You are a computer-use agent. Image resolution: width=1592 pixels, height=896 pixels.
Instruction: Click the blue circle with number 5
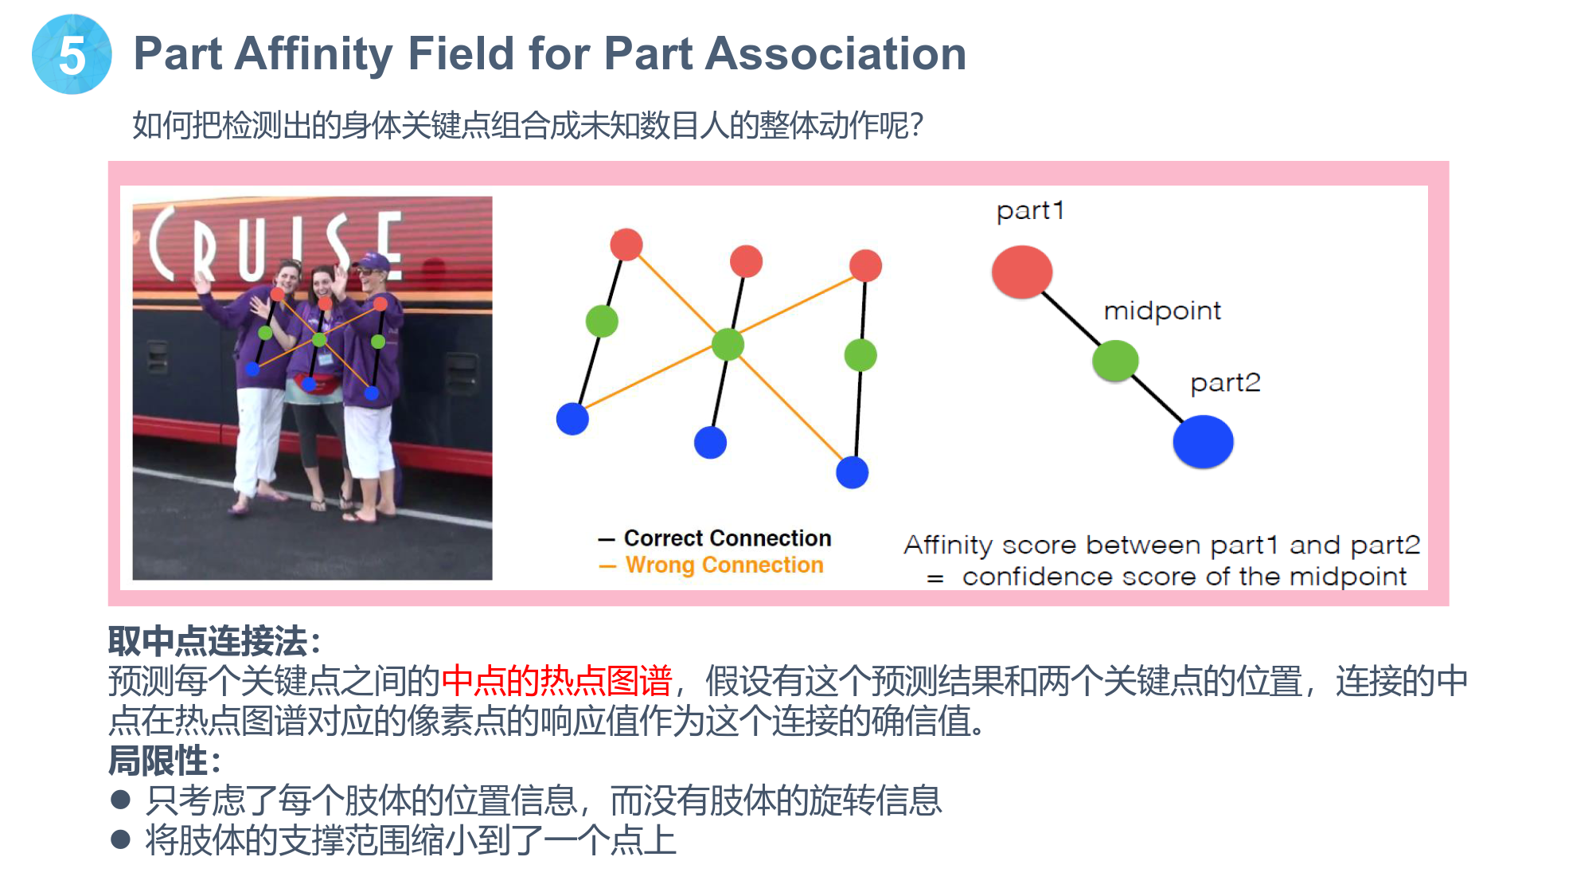(x=72, y=54)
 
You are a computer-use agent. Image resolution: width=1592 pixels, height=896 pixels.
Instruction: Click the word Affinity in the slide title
(x=314, y=54)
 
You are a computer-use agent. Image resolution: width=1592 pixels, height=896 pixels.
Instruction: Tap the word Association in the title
(x=836, y=53)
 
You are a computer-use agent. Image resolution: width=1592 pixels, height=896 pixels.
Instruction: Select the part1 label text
(x=1030, y=210)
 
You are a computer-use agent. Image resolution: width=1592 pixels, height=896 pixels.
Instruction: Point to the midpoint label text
(x=1162, y=311)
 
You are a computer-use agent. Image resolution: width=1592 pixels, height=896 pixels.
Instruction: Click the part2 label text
(x=1225, y=383)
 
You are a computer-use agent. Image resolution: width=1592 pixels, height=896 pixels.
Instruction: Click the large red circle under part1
(x=1022, y=272)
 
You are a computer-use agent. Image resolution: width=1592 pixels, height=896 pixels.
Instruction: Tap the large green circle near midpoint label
(x=1115, y=361)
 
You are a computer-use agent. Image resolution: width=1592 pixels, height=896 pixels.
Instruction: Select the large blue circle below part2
(x=1203, y=441)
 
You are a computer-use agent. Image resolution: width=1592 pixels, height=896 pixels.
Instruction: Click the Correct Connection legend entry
(x=715, y=538)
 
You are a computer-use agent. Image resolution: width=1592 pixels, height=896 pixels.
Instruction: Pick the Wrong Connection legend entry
(x=712, y=565)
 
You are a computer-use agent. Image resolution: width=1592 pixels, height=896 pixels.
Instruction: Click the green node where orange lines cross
(x=728, y=344)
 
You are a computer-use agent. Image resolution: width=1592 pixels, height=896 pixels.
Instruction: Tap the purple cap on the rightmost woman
(x=376, y=262)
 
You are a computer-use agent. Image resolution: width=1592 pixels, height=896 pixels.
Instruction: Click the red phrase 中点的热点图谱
(x=556, y=681)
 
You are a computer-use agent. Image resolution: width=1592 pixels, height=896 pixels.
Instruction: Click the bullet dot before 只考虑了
(x=121, y=800)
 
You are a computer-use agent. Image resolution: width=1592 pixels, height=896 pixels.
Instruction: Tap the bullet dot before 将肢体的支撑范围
(x=121, y=839)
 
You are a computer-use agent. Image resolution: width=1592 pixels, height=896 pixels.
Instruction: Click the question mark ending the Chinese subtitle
(x=916, y=126)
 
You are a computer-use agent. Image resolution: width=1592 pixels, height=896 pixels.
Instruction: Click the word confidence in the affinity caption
(x=1036, y=577)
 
